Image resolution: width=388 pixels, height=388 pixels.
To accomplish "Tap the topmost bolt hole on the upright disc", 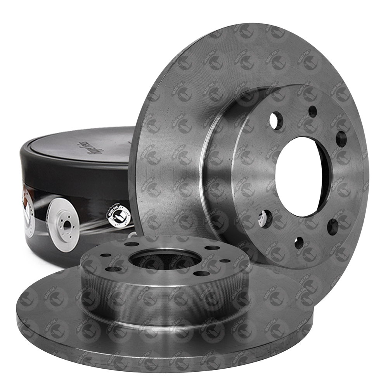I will coord(313,112).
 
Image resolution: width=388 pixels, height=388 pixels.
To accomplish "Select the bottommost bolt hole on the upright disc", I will coord(299,243).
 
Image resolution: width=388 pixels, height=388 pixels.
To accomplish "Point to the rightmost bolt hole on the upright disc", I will coord(341,139).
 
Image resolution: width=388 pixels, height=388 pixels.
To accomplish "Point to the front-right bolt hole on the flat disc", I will coord(200,274).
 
